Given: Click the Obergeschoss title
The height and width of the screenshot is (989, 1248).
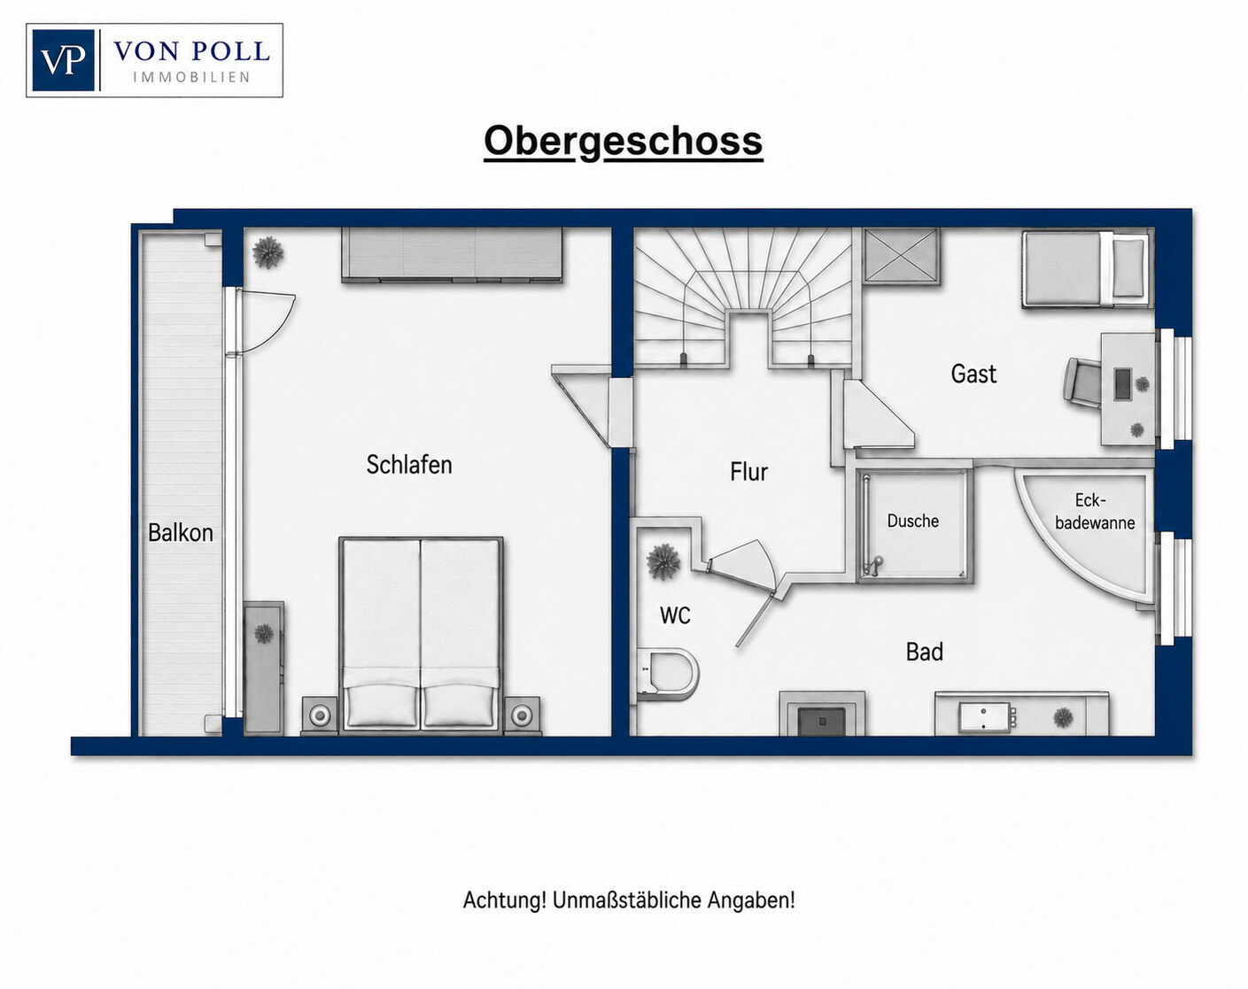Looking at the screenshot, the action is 624,142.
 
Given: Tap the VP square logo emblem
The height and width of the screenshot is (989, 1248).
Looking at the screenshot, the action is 63,60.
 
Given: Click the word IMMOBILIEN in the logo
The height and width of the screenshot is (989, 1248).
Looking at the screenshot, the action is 191,77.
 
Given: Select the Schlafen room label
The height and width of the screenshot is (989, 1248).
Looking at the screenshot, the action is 409,464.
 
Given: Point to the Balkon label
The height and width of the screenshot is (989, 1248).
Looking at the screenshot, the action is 181,533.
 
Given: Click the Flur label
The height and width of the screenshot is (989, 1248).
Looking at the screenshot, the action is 748,472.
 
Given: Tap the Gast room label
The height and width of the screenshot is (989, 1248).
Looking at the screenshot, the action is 973,374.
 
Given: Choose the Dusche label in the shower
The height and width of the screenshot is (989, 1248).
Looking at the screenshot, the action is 913,521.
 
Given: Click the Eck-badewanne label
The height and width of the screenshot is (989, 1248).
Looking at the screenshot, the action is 1095,511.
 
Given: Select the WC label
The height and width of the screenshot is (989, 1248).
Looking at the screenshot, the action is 675,615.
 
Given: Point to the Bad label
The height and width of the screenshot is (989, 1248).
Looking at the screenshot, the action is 925,652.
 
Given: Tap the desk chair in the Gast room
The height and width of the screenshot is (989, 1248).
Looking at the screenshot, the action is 1082,382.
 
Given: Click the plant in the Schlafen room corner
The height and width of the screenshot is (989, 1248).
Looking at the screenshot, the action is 267,252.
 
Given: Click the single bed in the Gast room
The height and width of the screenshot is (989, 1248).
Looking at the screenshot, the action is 1086,268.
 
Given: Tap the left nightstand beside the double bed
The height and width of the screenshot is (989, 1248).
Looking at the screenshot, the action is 320,715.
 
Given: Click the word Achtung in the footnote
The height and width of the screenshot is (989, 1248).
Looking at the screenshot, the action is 505,900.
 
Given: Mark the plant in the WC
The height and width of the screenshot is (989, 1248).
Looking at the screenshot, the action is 663,561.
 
